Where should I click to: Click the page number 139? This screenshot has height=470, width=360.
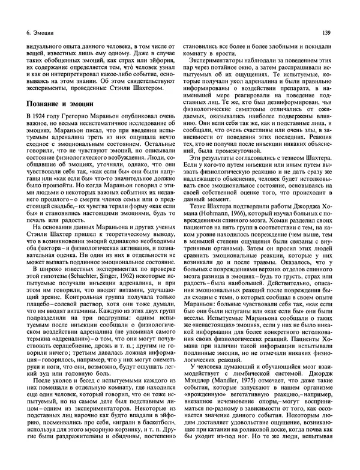[325, 31]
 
